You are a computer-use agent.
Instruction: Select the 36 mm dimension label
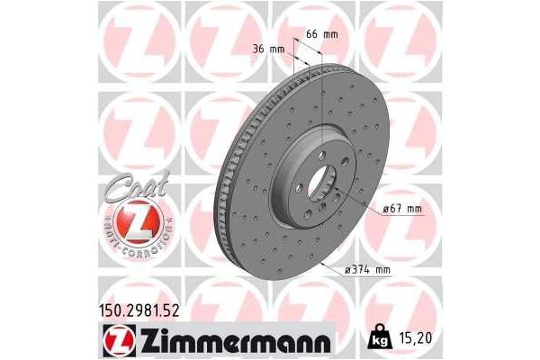269,49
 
